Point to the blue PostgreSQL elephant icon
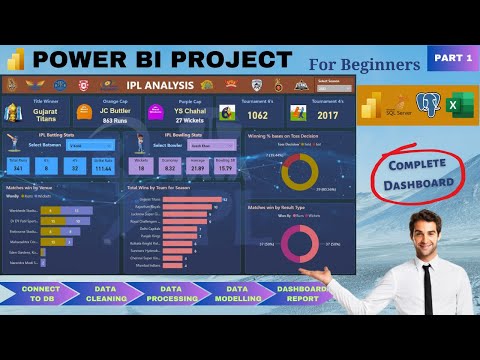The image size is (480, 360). click(428, 104)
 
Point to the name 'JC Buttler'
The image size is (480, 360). click(118, 111)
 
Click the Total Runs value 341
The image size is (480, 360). click(19, 168)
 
